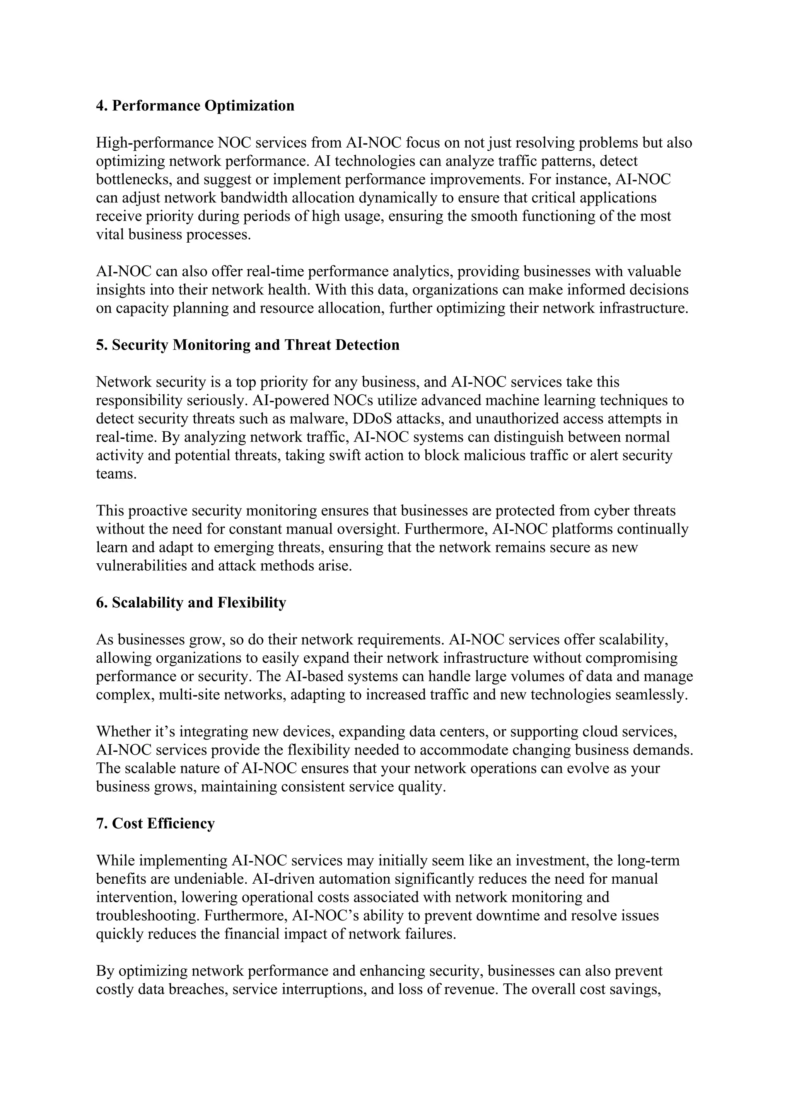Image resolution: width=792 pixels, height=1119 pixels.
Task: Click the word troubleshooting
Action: click(x=147, y=916)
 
